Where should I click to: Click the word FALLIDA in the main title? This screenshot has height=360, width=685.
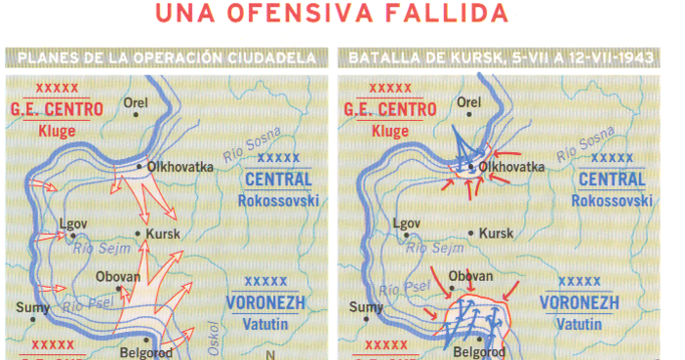[x=444, y=14]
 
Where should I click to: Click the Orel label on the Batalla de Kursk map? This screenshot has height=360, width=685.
[x=470, y=101]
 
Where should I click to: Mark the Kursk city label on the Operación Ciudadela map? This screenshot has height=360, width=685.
[x=163, y=234]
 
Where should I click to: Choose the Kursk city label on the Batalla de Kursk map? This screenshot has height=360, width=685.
[x=497, y=234]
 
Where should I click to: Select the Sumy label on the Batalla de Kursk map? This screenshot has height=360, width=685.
[x=363, y=307]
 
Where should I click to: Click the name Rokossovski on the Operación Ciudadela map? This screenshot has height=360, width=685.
[x=278, y=200]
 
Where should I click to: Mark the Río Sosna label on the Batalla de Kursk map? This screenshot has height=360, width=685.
[x=586, y=142]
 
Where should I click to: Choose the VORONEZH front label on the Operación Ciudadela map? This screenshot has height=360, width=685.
[x=268, y=301]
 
